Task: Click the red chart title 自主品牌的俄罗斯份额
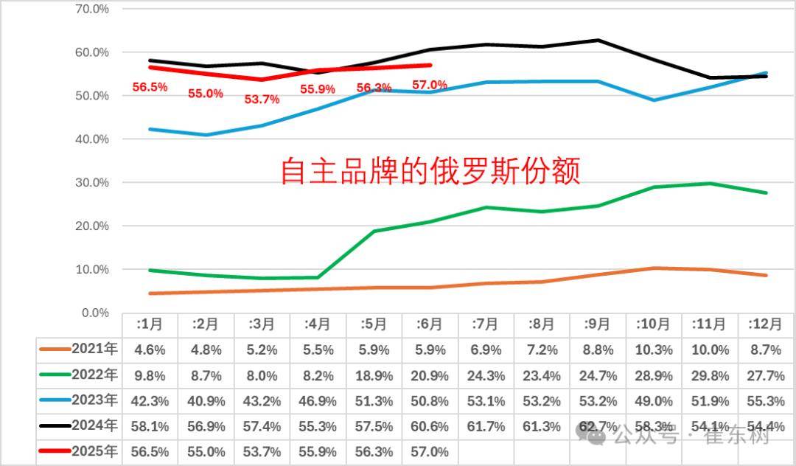pyautogui.click(x=430, y=170)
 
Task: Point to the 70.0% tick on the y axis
pyautogui.click(x=93, y=10)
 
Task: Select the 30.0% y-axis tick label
pyautogui.click(x=93, y=183)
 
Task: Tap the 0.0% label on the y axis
pyautogui.click(x=95, y=313)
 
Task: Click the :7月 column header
pyautogui.click(x=486, y=324)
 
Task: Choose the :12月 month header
pyautogui.click(x=767, y=324)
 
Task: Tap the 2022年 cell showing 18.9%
pyautogui.click(x=374, y=376)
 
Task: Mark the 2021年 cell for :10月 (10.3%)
pyautogui.click(x=654, y=350)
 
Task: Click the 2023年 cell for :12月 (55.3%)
pyautogui.click(x=767, y=401)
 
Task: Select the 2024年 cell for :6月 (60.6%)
pyautogui.click(x=430, y=426)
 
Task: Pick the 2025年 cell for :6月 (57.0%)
pyautogui.click(x=430, y=451)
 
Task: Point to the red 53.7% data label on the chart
pyautogui.click(x=262, y=99)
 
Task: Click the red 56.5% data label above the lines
pyautogui.click(x=150, y=87)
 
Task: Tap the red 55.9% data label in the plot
pyautogui.click(x=318, y=89)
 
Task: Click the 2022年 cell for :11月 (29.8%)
pyautogui.click(x=711, y=376)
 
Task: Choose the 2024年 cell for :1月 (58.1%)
pyautogui.click(x=150, y=426)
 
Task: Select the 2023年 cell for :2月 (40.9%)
pyautogui.click(x=206, y=401)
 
